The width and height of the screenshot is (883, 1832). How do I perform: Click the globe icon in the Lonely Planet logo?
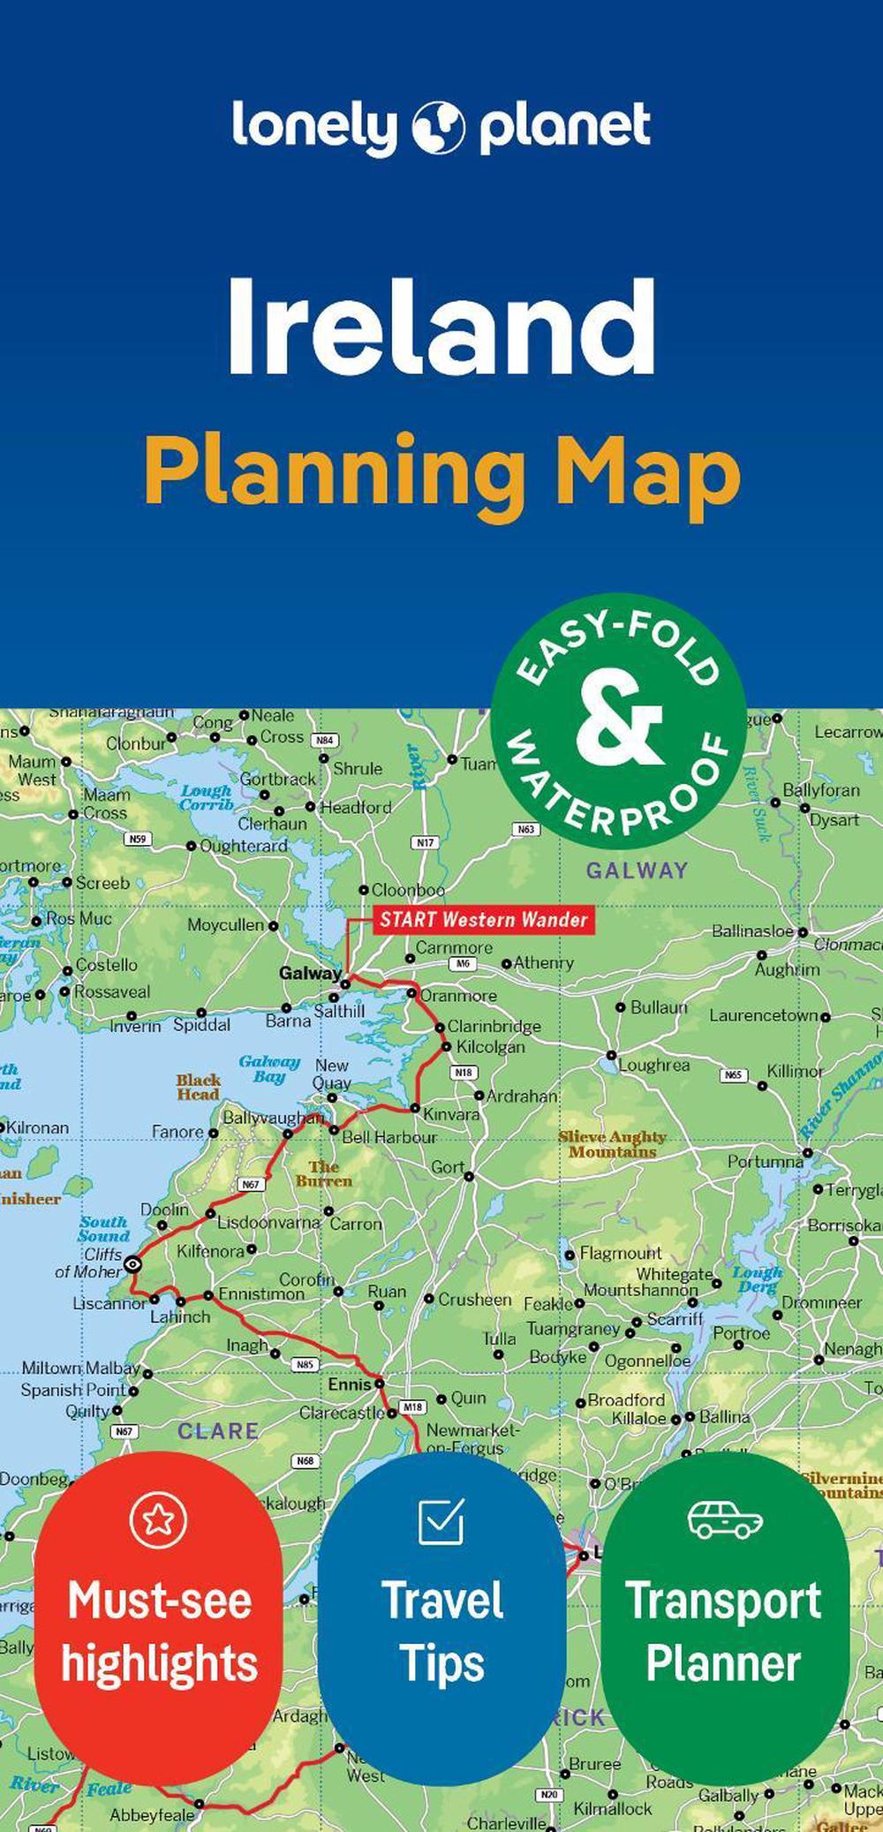coord(438,128)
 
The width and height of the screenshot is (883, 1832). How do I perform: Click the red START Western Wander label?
coord(483,920)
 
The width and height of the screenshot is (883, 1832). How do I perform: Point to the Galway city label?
coord(310,973)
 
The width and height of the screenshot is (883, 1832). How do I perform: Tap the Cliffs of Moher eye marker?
coord(132,1264)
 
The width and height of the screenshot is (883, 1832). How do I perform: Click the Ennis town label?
coord(350,1384)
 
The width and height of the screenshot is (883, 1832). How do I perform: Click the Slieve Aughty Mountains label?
coord(612,1144)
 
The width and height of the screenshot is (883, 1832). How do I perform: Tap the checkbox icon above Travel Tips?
coord(441,1520)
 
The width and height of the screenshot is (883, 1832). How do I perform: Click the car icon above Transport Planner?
coord(724,1519)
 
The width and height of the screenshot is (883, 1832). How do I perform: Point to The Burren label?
coord(324,1173)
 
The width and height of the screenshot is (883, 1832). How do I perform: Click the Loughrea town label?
coord(653,1065)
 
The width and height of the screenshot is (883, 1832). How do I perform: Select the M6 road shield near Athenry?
coord(463,964)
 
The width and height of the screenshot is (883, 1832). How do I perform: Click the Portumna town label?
coord(765,1161)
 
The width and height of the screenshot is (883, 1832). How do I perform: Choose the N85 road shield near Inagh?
coord(305,1364)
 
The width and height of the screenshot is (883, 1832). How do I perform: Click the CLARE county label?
coord(217,1431)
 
